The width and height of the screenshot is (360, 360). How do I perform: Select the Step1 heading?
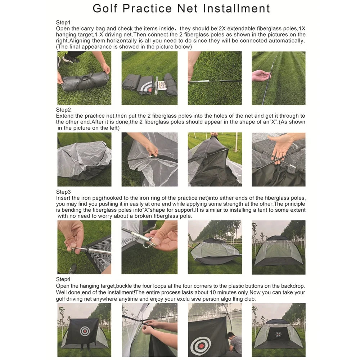tap(63, 22)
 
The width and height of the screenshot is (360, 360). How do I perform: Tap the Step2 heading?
tap(63, 109)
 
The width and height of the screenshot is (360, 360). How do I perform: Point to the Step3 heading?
tap(63, 192)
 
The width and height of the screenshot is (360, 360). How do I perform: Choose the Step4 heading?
tap(63, 279)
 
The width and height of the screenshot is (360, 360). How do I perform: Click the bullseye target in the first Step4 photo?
tap(85, 330)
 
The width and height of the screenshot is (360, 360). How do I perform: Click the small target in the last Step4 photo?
tap(278, 334)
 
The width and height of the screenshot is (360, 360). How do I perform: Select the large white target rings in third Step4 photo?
tap(200, 345)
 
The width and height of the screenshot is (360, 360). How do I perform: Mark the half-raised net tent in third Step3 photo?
tap(215, 252)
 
